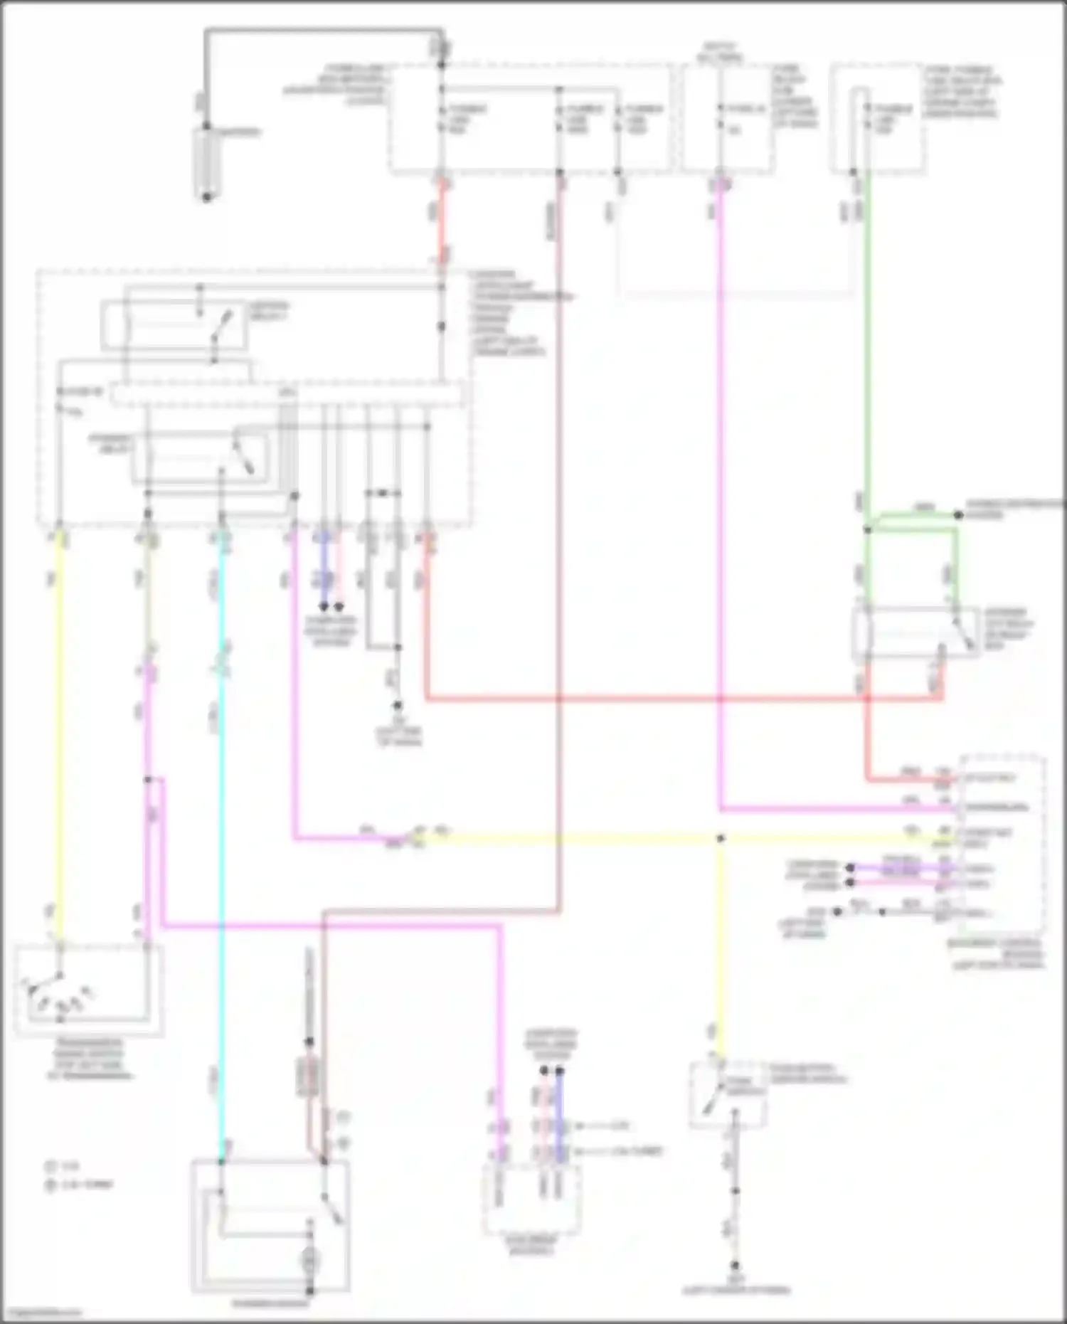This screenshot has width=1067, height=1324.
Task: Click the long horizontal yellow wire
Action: point(569,839)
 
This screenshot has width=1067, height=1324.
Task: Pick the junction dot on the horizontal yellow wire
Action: point(720,839)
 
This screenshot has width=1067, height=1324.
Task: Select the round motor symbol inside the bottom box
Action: point(309,1264)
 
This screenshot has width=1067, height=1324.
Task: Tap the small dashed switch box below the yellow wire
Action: point(727,1096)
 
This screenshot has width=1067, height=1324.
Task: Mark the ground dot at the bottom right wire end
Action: point(736,1266)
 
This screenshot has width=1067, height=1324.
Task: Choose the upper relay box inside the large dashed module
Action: point(174,325)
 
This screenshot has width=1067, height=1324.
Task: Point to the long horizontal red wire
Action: point(676,699)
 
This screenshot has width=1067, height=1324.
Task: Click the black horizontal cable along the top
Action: point(324,31)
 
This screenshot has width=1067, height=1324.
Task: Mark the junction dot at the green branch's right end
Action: point(958,514)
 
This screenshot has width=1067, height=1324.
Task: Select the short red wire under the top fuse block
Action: point(442,221)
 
